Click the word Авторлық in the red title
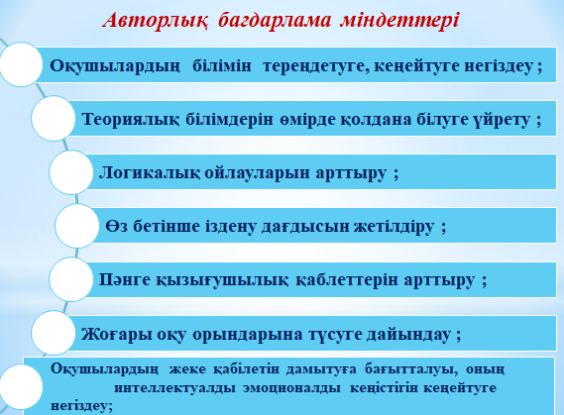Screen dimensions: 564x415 pyautogui.click(x=155, y=21)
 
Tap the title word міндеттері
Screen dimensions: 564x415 pyautogui.click(x=399, y=21)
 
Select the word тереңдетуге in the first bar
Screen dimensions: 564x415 pyautogui.click(x=316, y=65)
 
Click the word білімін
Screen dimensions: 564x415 pyautogui.click(x=222, y=65)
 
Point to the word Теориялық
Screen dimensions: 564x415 pyautogui.click(x=130, y=119)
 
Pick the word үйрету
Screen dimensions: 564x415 pyautogui.click(x=501, y=120)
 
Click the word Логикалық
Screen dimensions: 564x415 pyautogui.click(x=150, y=172)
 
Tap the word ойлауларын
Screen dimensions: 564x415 pyautogui.click(x=257, y=172)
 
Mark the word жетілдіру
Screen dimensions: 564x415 pyautogui.click(x=394, y=227)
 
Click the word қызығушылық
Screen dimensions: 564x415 pyautogui.click(x=222, y=280)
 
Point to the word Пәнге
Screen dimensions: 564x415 pyautogui.click(x=125, y=280)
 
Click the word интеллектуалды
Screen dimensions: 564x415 pyautogui.click(x=174, y=388)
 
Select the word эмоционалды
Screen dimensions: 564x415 pyautogui.click(x=291, y=388)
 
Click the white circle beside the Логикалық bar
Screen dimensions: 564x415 pyautogui.click(x=70, y=172)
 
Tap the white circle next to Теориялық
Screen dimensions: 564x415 pyautogui.click(x=54, y=118)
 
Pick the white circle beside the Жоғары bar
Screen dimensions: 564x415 pyautogui.click(x=54, y=333)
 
